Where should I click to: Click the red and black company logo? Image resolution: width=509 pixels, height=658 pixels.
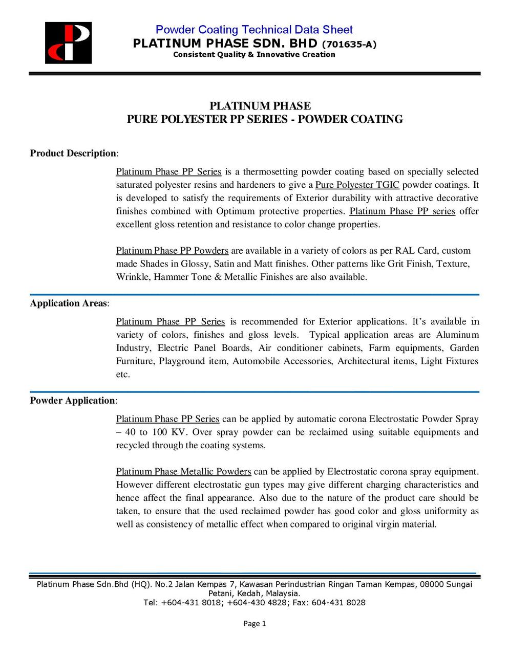68,43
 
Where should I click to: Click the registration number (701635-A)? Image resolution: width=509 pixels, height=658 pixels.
349,44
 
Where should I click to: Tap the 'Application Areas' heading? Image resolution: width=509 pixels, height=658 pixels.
69,303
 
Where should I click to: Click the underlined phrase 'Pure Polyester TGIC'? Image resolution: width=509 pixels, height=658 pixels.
357,185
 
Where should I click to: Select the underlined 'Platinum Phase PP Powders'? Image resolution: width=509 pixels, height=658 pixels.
172,251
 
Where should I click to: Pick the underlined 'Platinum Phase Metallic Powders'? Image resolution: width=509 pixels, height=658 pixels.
183,472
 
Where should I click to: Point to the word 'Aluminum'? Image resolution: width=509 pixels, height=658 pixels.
457,335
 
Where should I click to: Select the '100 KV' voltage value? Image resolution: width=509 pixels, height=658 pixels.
168,432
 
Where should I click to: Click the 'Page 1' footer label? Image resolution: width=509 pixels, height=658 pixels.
254,624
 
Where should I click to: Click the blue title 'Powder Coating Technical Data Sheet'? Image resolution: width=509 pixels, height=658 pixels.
254,30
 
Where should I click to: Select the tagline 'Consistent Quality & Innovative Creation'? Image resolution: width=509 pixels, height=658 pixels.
254,55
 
